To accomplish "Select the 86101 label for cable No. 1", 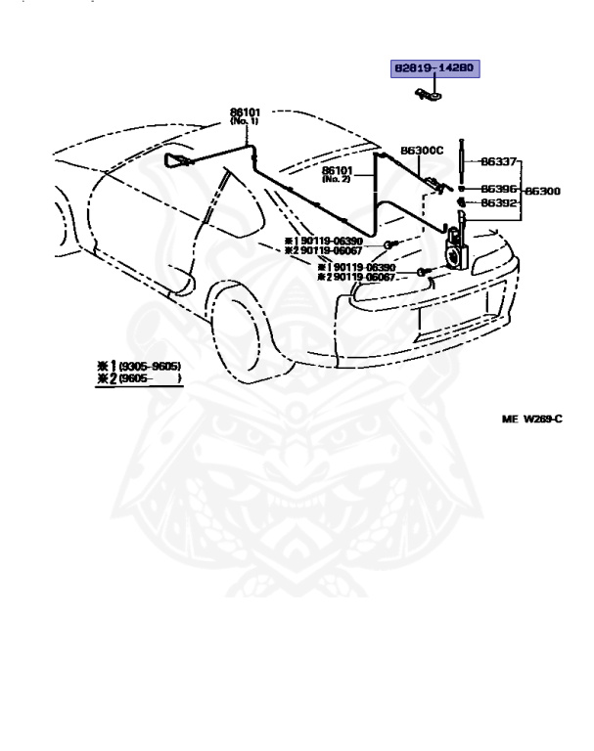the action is tap(245, 113).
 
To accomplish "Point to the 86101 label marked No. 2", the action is tap(337, 169).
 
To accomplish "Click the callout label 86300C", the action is tap(422, 151).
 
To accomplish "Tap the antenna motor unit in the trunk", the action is tap(455, 250).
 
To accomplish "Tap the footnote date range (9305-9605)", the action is tap(150, 367).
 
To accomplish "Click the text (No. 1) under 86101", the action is tap(244, 123).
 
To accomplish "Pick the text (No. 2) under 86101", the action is tap(337, 179).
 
